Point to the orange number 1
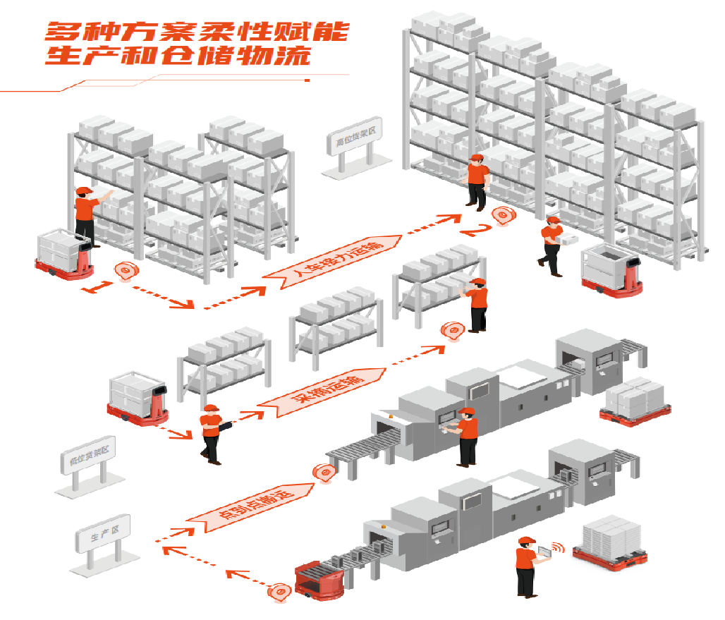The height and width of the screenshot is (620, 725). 97,286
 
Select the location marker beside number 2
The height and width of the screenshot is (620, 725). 502,215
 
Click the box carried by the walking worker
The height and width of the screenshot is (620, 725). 566,238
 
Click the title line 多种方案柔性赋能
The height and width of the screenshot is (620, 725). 197,32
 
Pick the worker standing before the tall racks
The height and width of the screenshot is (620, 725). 477,181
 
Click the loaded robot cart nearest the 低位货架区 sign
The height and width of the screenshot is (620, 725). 137,399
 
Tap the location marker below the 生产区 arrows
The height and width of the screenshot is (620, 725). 281,591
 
